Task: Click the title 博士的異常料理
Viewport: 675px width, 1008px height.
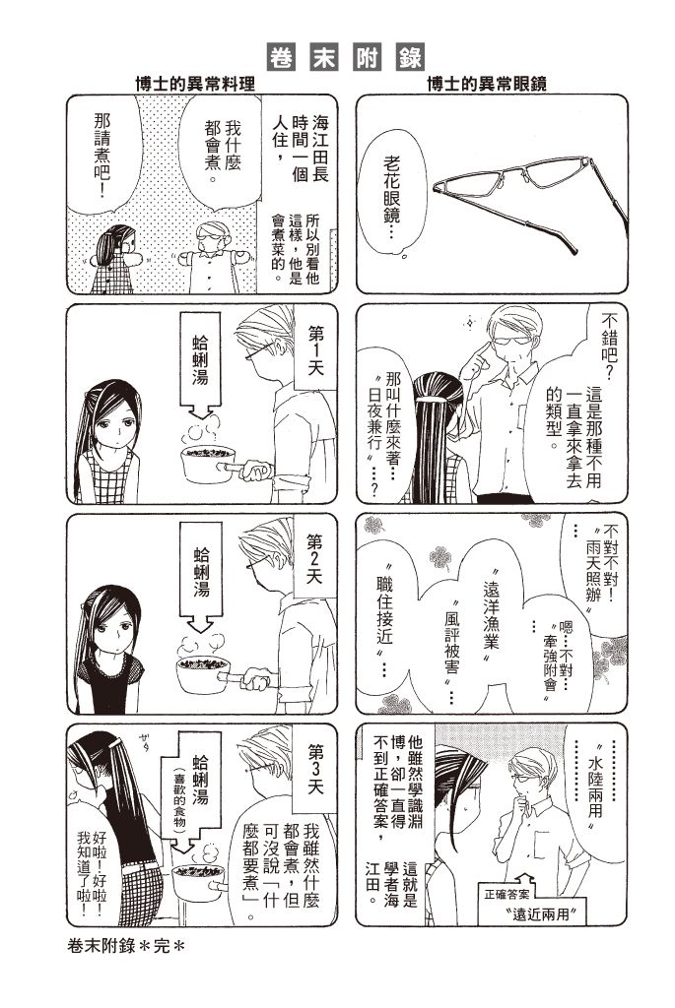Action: pyautogui.click(x=195, y=83)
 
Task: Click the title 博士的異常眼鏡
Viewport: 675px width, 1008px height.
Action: pyautogui.click(x=487, y=83)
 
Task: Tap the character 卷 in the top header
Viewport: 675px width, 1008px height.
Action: pyautogui.click(x=281, y=56)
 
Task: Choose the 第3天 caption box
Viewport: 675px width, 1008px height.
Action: pyautogui.click(x=314, y=768)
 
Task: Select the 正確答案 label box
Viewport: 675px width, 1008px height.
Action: pyautogui.click(x=507, y=894)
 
